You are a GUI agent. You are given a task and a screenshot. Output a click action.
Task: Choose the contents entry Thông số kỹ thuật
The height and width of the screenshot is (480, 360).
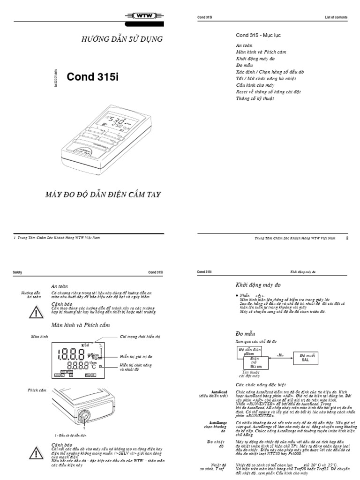click(255, 99)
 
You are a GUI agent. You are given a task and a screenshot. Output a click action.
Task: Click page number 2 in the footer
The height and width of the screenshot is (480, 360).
click(347, 238)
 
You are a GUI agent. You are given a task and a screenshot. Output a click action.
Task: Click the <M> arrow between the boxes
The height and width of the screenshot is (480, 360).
click(280, 355)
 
